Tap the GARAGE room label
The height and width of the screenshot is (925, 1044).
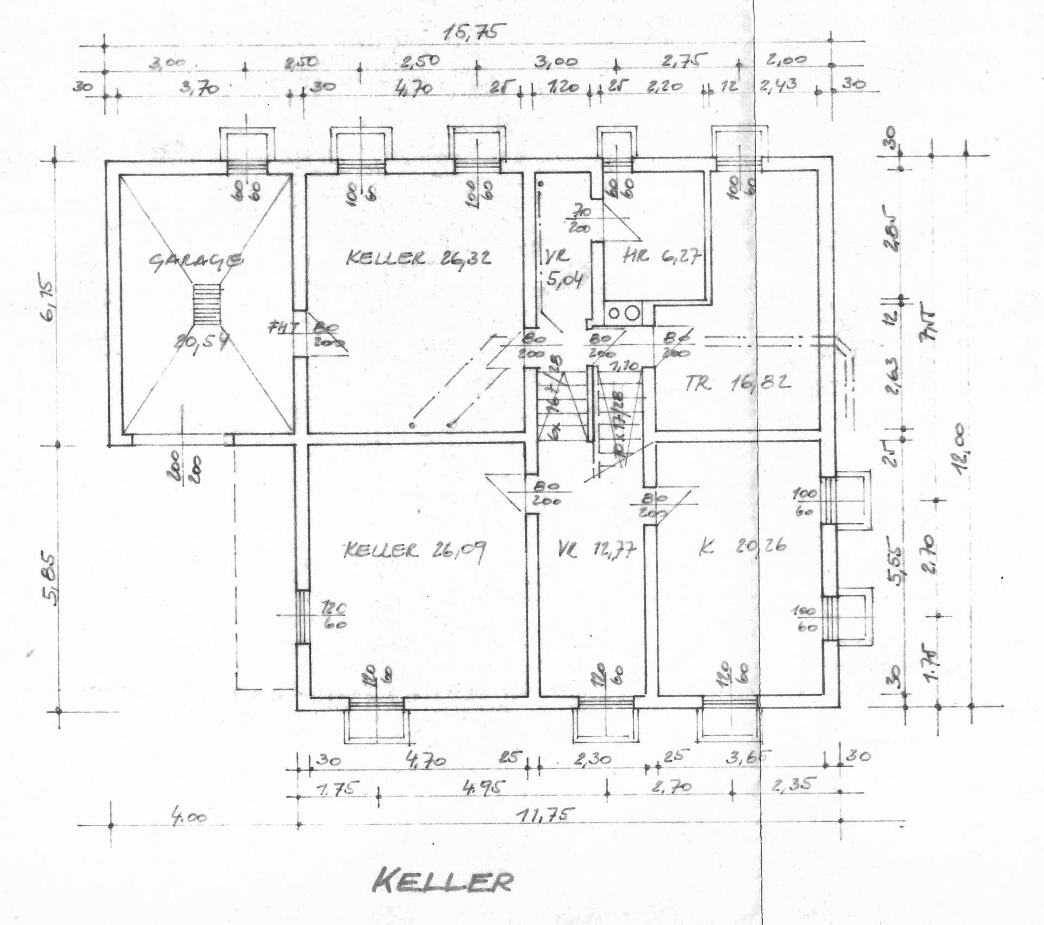(195, 261)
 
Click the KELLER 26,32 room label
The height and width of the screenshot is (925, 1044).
(418, 257)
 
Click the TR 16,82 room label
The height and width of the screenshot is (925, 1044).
(737, 384)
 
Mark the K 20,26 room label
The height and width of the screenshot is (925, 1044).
(742, 547)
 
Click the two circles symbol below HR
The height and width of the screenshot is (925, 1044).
(623, 313)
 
